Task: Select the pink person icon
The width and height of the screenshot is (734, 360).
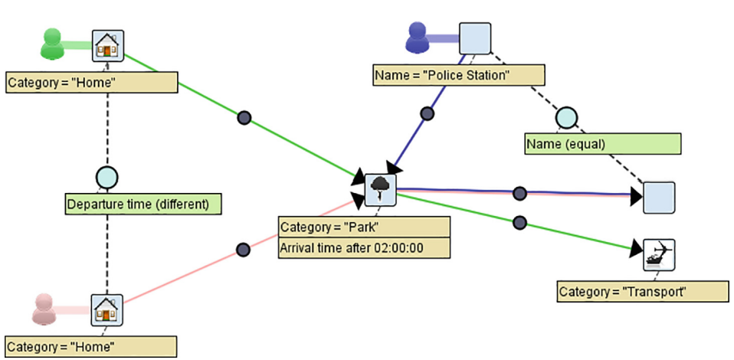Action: point(47,308)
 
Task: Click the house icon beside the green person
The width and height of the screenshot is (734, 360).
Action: point(107,46)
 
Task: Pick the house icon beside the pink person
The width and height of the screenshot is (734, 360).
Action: point(107,309)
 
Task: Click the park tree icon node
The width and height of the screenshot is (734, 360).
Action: point(380,189)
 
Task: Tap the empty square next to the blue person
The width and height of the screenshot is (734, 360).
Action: point(474,38)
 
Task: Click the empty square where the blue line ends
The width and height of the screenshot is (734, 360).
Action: point(658,197)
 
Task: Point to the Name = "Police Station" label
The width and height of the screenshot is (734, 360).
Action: point(458,75)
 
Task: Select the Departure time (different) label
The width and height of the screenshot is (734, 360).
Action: point(143,204)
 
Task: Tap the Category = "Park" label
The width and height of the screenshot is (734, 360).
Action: point(363,227)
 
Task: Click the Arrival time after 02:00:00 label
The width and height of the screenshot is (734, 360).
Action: point(363,247)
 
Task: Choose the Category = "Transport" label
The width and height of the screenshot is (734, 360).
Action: point(642,291)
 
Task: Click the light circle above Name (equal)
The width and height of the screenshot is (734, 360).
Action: point(565,117)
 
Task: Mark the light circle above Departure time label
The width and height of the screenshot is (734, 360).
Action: point(106,178)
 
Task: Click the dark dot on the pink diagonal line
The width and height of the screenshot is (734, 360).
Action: point(243,249)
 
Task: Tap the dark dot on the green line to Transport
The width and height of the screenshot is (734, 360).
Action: point(519,222)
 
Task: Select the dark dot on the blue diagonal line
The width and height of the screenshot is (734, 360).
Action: point(428,113)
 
